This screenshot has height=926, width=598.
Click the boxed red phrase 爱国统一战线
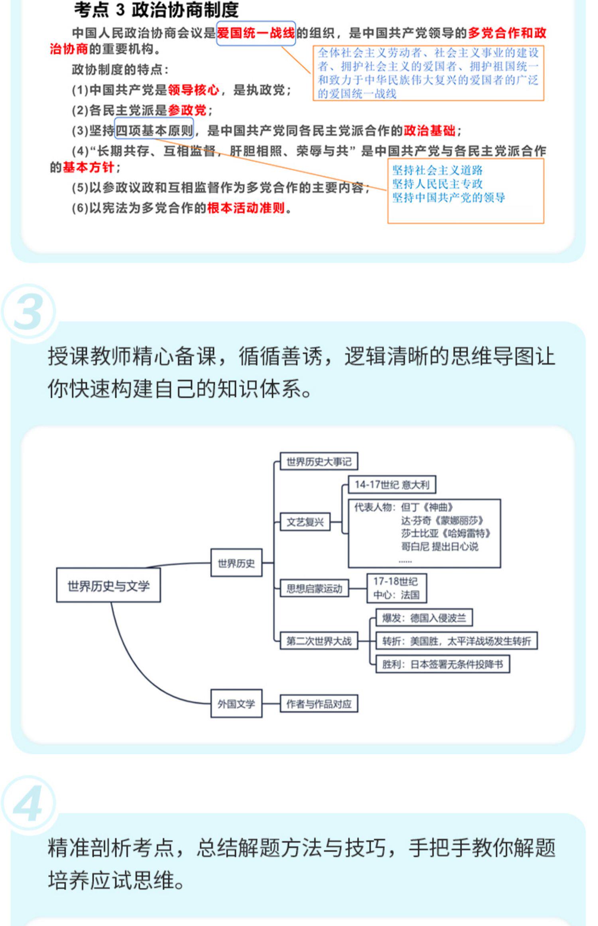pos(256,33)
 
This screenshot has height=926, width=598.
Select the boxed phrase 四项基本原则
pos(154,130)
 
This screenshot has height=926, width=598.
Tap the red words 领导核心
pos(193,90)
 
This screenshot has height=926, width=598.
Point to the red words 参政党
pos(187,110)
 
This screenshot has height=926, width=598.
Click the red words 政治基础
pos(429,130)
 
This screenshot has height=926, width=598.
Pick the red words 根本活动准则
pos(246,208)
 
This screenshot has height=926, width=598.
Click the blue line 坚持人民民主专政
pos(437,184)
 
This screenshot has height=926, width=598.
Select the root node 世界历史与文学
pos(108,586)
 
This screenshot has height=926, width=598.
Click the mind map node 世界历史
pos(236,563)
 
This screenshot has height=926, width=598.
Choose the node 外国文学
pos(236,704)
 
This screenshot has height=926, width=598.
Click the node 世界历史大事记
pos(319,461)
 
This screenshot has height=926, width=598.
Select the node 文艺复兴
pos(305,522)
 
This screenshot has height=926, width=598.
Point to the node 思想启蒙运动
pos(314,589)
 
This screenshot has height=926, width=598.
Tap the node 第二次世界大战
pos(319,641)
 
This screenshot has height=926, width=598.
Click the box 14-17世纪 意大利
pos(391,485)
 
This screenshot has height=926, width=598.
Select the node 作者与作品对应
pos(319,704)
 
